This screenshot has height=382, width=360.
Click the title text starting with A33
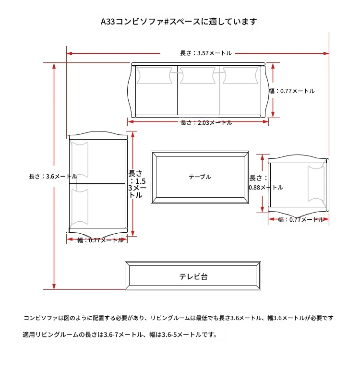[x=179, y=22]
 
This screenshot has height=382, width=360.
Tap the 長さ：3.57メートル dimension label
[x=206, y=53]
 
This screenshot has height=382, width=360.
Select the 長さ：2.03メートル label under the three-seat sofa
[x=206, y=123]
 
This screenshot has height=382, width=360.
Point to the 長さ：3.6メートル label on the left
[x=53, y=177]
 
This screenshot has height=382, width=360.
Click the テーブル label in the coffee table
[x=200, y=177]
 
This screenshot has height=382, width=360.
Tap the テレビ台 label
[x=193, y=277]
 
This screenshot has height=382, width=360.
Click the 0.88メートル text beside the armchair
[x=265, y=188]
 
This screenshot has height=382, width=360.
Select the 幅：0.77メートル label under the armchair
[x=301, y=220]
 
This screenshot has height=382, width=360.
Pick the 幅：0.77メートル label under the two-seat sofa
[x=100, y=240]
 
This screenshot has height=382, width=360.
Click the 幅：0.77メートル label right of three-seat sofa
[x=292, y=91]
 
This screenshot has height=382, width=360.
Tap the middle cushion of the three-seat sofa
[x=198, y=75]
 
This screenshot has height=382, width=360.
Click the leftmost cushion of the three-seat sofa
[x=154, y=75]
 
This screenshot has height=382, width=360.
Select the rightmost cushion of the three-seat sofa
[x=240, y=75]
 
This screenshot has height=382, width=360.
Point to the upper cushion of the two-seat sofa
[x=79, y=159]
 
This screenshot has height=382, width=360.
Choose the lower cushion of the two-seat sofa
[x=79, y=207]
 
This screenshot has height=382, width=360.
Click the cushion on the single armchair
[x=316, y=184]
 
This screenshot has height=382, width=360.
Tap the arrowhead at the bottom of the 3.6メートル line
[x=54, y=287]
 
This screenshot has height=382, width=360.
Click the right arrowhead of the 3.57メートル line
[x=326, y=53]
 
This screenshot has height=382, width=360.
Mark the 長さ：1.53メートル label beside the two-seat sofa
[x=137, y=184]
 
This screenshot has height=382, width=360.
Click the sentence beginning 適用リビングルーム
[x=120, y=335]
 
